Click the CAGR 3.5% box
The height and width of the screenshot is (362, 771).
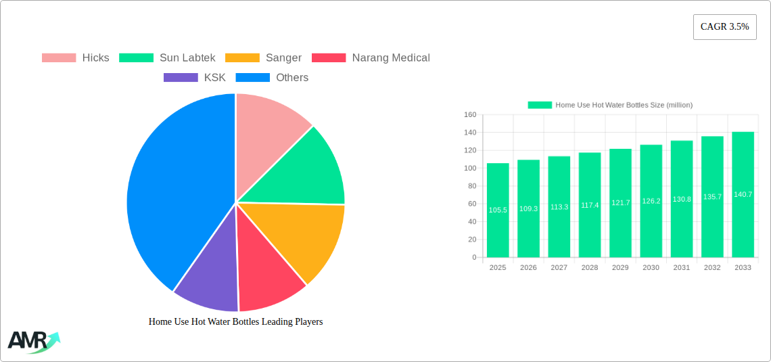(724, 27)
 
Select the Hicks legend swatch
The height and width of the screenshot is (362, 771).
(59, 58)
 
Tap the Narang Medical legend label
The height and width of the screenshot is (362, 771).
(391, 58)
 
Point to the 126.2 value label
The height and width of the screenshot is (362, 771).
(651, 201)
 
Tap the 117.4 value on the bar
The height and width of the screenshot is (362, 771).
(590, 205)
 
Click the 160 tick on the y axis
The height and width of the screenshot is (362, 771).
(470, 115)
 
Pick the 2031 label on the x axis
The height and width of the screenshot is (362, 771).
(682, 268)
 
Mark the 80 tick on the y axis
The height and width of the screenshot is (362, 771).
(471, 186)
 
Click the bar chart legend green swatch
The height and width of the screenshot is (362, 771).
(540, 105)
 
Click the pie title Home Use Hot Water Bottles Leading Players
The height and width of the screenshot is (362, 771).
(235, 322)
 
